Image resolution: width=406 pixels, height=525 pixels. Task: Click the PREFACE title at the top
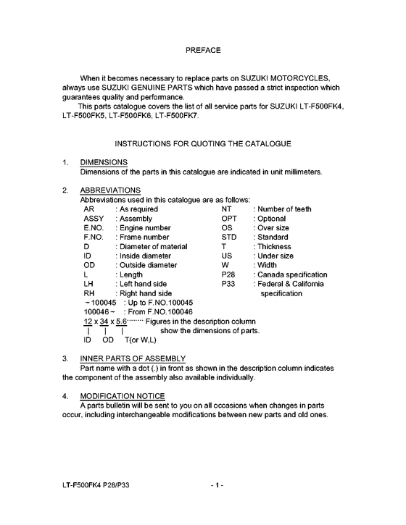pos(203,50)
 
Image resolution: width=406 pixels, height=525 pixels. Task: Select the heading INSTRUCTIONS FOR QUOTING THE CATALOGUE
pos(203,143)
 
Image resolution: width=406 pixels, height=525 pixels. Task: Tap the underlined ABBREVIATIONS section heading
pos(110,190)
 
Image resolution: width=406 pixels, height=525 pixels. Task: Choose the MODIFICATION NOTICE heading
pos(123,396)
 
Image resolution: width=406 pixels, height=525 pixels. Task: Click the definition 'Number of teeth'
pos(283,209)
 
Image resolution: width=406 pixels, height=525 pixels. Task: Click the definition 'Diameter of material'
pos(153,247)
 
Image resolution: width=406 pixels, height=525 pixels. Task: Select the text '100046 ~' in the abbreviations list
pos(99,311)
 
